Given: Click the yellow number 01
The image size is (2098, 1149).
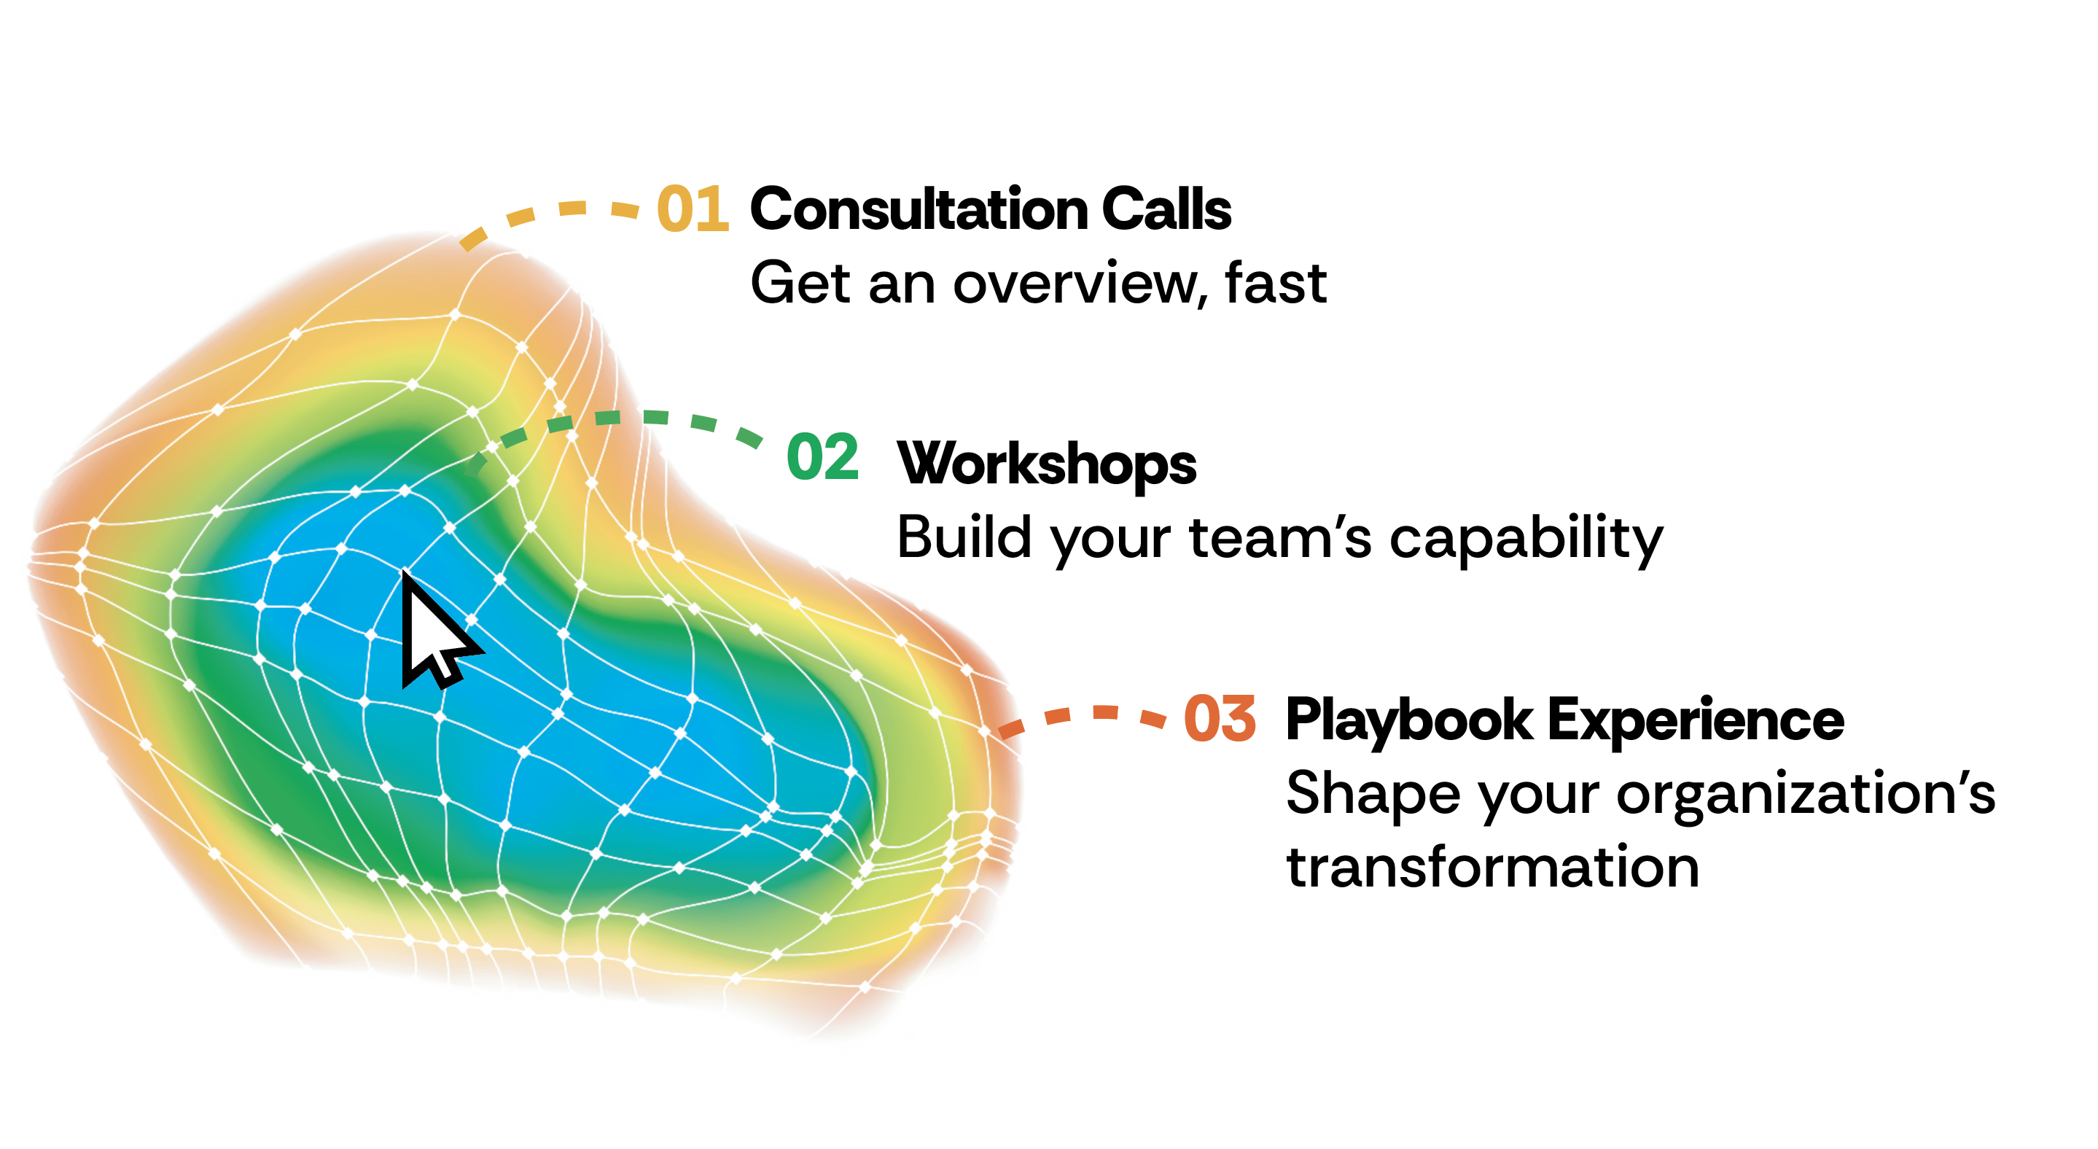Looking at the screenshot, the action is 693,209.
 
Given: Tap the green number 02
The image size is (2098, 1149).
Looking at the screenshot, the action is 822,457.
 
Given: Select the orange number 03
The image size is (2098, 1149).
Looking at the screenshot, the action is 1220,719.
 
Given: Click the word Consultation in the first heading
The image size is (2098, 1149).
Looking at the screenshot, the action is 919,209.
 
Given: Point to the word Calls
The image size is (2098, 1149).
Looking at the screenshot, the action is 1167,209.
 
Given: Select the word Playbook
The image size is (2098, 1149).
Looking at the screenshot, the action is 1409,720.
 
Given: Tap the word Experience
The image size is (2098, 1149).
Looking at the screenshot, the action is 1696,720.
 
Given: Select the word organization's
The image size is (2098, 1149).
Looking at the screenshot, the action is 1806,794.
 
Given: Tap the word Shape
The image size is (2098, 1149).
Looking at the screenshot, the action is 1373,794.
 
